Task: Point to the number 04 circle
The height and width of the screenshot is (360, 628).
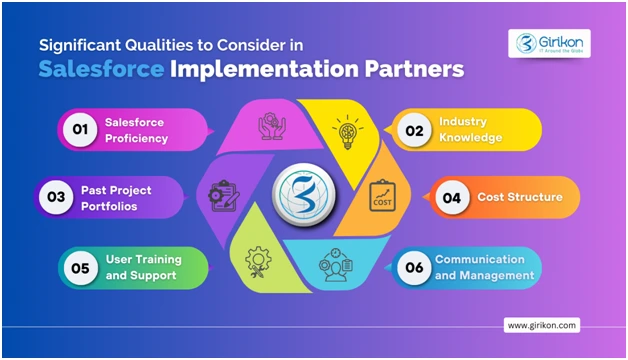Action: (x=452, y=197)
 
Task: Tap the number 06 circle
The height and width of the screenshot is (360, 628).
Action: (x=412, y=267)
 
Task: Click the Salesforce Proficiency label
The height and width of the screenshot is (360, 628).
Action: (x=138, y=130)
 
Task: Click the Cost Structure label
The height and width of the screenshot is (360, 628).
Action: (x=520, y=197)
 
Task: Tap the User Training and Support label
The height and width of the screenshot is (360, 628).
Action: (x=140, y=266)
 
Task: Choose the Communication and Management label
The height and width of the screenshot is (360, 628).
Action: (x=479, y=267)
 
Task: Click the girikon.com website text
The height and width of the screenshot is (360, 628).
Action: (x=543, y=325)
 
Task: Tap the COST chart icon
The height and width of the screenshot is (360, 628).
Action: (x=382, y=193)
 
